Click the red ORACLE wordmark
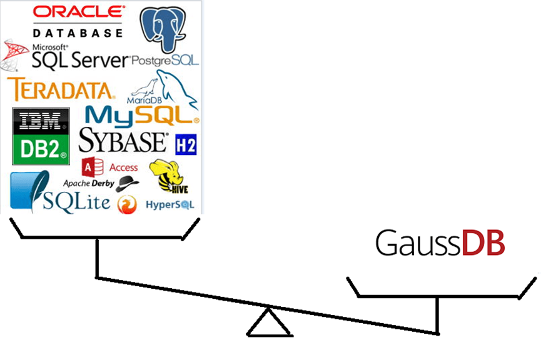79,12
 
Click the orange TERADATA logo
61,90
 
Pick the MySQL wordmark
142,116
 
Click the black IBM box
41,121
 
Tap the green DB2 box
41,151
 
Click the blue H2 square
186,145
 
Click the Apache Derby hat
128,182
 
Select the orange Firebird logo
127,204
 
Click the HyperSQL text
170,204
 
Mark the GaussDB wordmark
440,243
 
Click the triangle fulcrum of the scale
269,324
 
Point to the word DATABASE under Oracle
78,32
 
